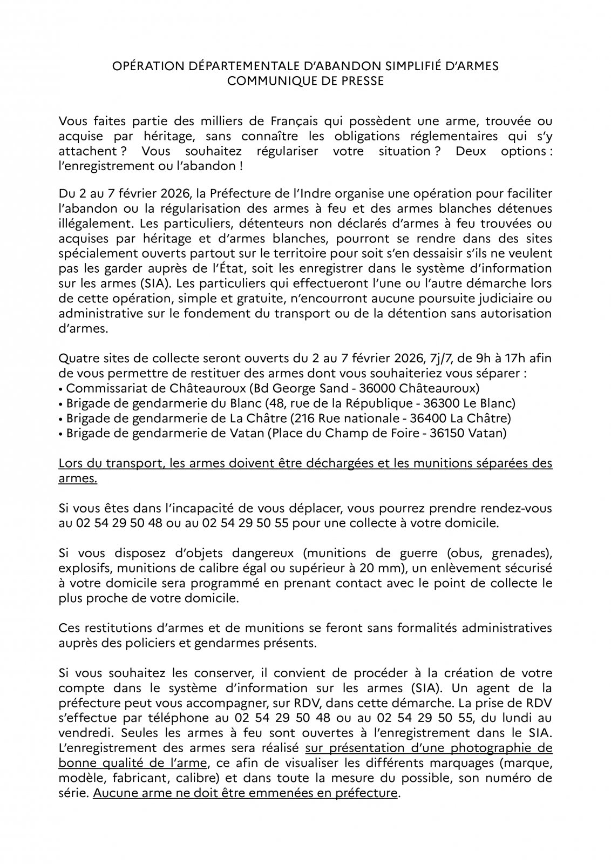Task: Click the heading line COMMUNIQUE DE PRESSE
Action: (x=305, y=81)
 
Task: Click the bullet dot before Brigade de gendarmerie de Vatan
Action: (x=61, y=433)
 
